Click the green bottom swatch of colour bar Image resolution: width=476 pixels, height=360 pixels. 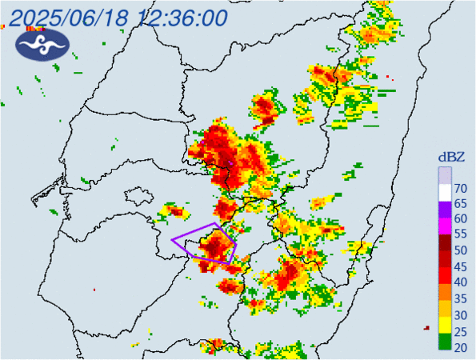pos(443,343)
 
